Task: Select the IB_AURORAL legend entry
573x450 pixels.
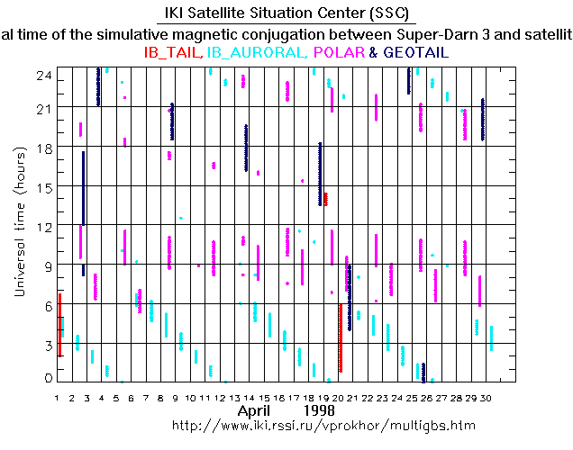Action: coord(257,53)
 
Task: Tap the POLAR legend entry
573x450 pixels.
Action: coord(339,53)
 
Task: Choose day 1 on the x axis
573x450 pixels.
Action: coord(57,397)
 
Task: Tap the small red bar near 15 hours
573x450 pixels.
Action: coord(325,199)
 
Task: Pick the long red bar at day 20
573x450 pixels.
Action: coord(340,337)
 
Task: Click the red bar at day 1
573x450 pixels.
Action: coord(59,324)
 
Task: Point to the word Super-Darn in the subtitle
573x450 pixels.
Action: coord(442,34)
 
